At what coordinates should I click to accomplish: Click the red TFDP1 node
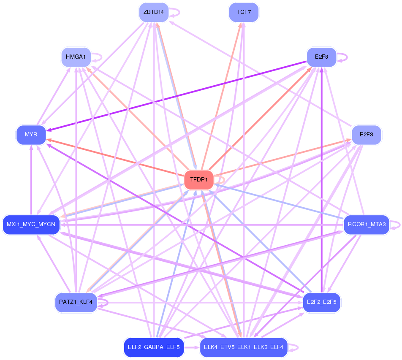tap(199, 180)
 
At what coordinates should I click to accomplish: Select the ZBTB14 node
tap(154, 12)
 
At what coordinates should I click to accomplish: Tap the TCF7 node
tap(244, 12)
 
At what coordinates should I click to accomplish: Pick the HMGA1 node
tap(76, 57)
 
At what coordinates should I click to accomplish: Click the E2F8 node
tap(321, 57)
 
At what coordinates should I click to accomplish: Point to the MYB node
tap(31, 135)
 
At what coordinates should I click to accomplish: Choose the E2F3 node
tap(367, 135)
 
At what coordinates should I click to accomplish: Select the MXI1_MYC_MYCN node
tap(31, 225)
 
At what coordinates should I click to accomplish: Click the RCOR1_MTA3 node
tap(367, 225)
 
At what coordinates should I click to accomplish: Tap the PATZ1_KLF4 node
tap(76, 302)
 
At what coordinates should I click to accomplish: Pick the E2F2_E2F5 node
tap(321, 302)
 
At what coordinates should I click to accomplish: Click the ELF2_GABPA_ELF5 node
tap(154, 347)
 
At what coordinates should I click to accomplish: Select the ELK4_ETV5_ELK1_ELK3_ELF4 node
tap(244, 347)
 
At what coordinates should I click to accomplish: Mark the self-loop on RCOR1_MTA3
tap(395, 225)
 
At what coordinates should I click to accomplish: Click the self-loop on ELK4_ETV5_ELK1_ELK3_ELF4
tap(293, 347)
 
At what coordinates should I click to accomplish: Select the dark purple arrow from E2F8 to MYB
tap(177, 96)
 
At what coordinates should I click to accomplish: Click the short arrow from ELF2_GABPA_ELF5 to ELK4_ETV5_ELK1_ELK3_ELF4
tap(192, 347)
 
